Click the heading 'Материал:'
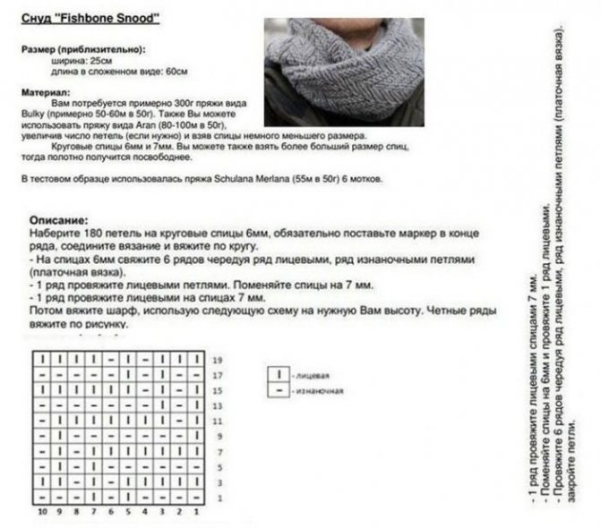[x=46, y=92]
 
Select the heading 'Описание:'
[x=59, y=219]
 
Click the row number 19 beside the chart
[x=217, y=359]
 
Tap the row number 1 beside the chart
[x=217, y=496]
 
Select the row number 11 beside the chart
[x=217, y=420]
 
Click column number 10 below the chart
[x=41, y=512]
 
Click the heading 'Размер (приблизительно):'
[x=82, y=50]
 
